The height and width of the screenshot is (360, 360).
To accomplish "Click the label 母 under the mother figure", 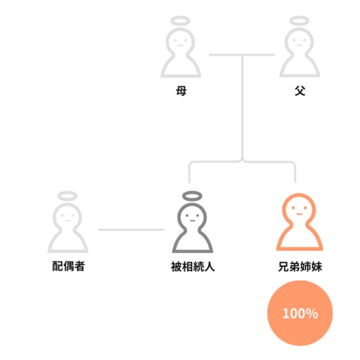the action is (181, 91).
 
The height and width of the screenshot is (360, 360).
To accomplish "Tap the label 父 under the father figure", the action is (300, 91).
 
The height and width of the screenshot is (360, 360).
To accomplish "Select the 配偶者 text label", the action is (68, 266).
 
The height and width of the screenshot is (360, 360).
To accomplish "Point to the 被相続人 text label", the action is (192, 266).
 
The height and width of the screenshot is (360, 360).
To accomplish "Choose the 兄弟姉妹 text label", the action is (300, 266).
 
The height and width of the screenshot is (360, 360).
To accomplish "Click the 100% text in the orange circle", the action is (300, 313).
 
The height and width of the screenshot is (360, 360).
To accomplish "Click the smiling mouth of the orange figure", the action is (299, 214).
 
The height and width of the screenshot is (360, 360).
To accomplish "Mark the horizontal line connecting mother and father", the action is (242, 55).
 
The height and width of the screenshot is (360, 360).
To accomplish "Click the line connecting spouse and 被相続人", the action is (131, 229).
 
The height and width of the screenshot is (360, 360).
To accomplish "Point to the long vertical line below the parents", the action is (242, 107).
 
